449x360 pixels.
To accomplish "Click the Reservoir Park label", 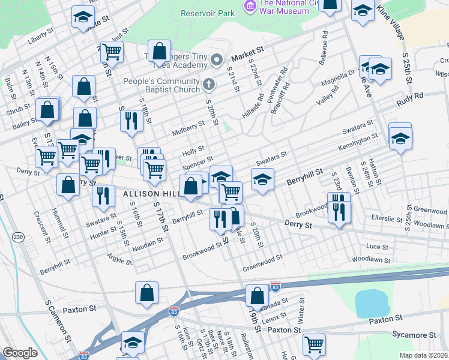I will (208, 12).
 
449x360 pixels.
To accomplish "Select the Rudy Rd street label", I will (410, 95).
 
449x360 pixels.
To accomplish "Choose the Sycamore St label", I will (420, 334).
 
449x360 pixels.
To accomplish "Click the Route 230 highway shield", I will (19, 238).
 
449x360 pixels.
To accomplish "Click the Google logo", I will (20, 353).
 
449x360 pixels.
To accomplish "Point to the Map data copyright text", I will (424, 355).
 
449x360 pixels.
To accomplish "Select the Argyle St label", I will (119, 260).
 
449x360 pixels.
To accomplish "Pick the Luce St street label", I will (377, 247).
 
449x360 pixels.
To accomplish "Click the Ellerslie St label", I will (386, 220).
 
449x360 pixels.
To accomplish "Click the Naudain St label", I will (148, 242).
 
